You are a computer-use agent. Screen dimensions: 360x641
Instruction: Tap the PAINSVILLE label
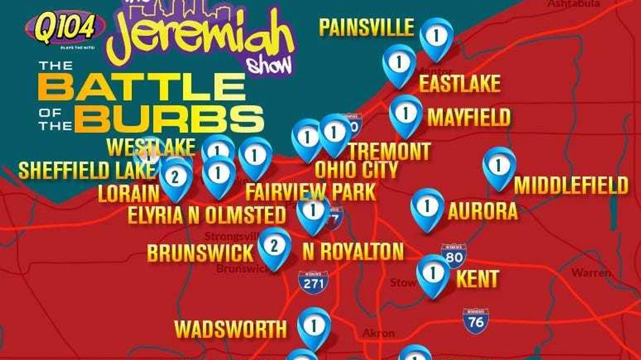point(367,27)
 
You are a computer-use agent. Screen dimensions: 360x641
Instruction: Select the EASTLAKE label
point(459,83)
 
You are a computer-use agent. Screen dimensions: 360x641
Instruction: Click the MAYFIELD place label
point(469,117)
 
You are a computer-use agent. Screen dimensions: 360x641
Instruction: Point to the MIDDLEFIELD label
point(571,185)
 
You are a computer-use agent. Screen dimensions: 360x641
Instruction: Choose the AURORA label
point(482,211)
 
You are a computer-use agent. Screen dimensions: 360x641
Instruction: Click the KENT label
point(477,279)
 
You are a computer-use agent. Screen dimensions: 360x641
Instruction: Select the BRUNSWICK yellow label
point(200,253)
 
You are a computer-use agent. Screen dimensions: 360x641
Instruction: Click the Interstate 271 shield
point(313,282)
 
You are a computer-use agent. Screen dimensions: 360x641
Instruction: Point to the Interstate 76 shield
point(475,321)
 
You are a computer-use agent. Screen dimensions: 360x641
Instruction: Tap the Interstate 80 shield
point(454,256)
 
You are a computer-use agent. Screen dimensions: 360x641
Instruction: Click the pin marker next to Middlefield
point(498,166)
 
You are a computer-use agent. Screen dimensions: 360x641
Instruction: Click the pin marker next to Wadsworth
point(314,327)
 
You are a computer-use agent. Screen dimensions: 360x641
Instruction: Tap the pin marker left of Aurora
point(427,208)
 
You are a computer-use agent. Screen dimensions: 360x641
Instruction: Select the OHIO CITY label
point(356,169)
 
